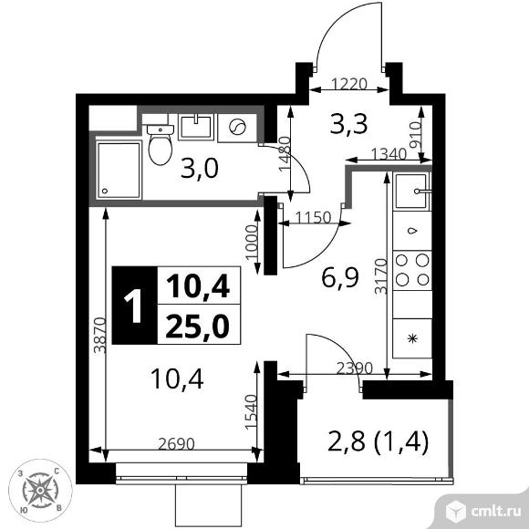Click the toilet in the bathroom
click(161, 144)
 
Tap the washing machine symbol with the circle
click(237, 128)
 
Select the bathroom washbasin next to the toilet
click(196, 127)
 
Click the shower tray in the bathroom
click(118, 171)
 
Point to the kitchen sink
click(412, 191)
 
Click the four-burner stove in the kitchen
click(412, 270)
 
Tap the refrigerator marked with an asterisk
click(412, 338)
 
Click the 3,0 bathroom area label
click(200, 169)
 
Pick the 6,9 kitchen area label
click(339, 278)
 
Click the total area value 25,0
click(198, 327)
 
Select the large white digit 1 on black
click(134, 306)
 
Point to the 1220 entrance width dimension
click(348, 84)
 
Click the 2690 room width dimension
click(176, 443)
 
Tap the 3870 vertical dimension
click(100, 335)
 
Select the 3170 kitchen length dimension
click(381, 276)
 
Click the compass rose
click(40, 491)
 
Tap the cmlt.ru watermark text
click(495, 512)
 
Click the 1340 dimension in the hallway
click(389, 154)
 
